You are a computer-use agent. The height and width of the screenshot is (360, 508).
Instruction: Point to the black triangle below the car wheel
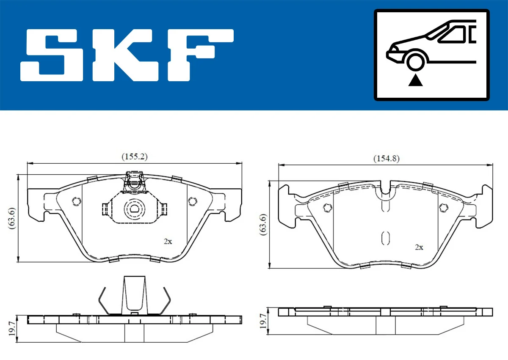click(x=416, y=80)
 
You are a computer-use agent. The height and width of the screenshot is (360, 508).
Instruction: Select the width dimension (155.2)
click(x=135, y=157)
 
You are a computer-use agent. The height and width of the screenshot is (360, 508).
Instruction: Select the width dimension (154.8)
click(x=386, y=159)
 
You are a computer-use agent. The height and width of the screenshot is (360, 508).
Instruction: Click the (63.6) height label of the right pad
click(x=263, y=225)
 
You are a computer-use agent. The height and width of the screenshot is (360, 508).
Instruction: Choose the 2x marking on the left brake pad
click(x=168, y=242)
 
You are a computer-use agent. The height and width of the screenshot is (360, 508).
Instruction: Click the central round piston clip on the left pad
click(x=134, y=208)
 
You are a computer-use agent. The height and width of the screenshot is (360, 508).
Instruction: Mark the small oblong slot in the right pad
click(x=385, y=239)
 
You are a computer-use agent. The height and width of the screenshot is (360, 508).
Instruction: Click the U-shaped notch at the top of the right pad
click(x=385, y=189)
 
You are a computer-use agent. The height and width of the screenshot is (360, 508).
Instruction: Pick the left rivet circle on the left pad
click(x=77, y=201)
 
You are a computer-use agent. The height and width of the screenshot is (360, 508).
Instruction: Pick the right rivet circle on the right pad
click(x=444, y=207)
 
